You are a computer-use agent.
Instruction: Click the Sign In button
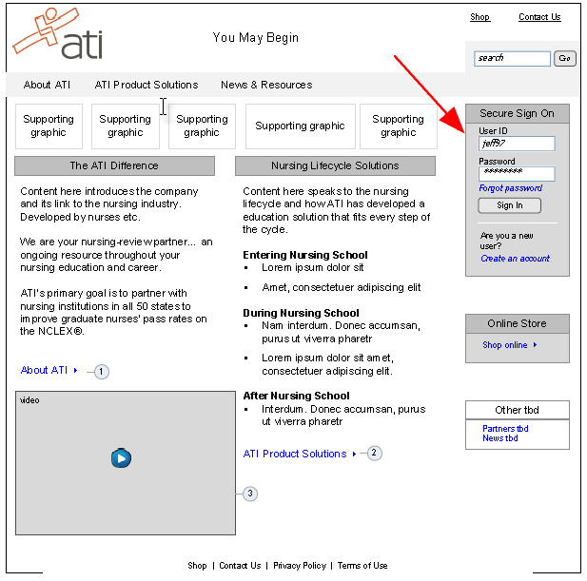coord(510,205)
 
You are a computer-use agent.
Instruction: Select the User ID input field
coord(517,144)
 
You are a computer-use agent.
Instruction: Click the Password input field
coord(517,174)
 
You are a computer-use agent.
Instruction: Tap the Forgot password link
coord(511,188)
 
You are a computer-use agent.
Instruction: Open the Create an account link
coord(515,259)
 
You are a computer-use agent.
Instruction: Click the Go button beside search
coord(565,58)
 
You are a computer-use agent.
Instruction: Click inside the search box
coord(512,59)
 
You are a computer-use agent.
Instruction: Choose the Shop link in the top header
coord(479,17)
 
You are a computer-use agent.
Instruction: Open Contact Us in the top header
coord(539,17)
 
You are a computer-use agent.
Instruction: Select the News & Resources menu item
coord(266,85)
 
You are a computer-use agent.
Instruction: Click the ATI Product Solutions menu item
coord(147,85)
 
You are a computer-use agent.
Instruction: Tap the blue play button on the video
coord(121,458)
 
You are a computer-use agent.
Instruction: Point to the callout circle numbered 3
coord(250,494)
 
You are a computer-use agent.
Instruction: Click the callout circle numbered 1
coord(102,372)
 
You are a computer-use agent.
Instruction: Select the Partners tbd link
coord(505,429)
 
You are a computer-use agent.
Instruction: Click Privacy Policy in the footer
coord(300,566)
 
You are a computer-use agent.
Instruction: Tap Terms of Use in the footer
coord(362,566)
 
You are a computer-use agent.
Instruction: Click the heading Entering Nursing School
coord(305,255)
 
